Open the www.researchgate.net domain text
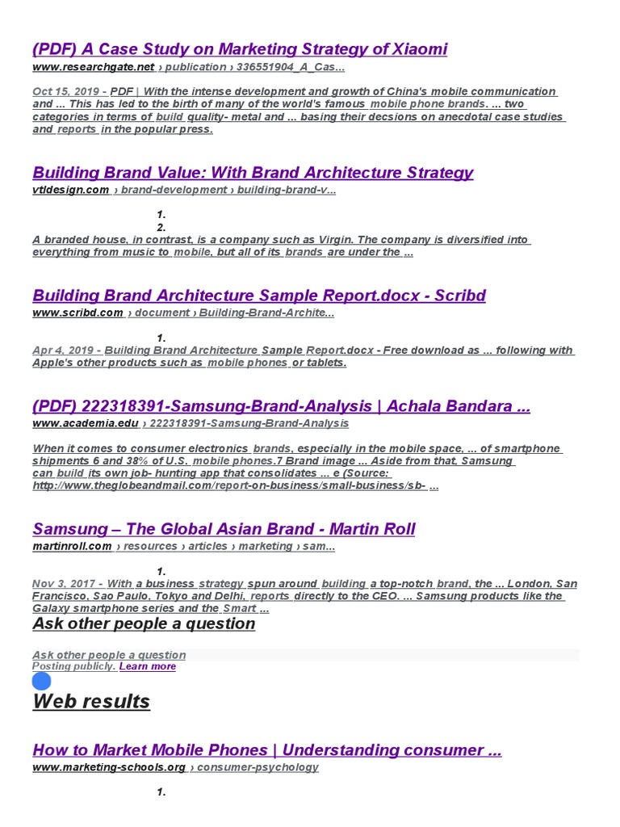(x=93, y=67)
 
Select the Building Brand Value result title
(x=253, y=173)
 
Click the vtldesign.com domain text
(x=70, y=190)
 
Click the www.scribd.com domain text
(x=77, y=313)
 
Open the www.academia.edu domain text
(x=85, y=423)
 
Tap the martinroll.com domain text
(x=72, y=547)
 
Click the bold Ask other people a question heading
(x=144, y=623)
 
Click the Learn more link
(x=148, y=666)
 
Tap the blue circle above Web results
(x=41, y=681)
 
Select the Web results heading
(x=91, y=701)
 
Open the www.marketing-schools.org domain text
(x=109, y=767)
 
